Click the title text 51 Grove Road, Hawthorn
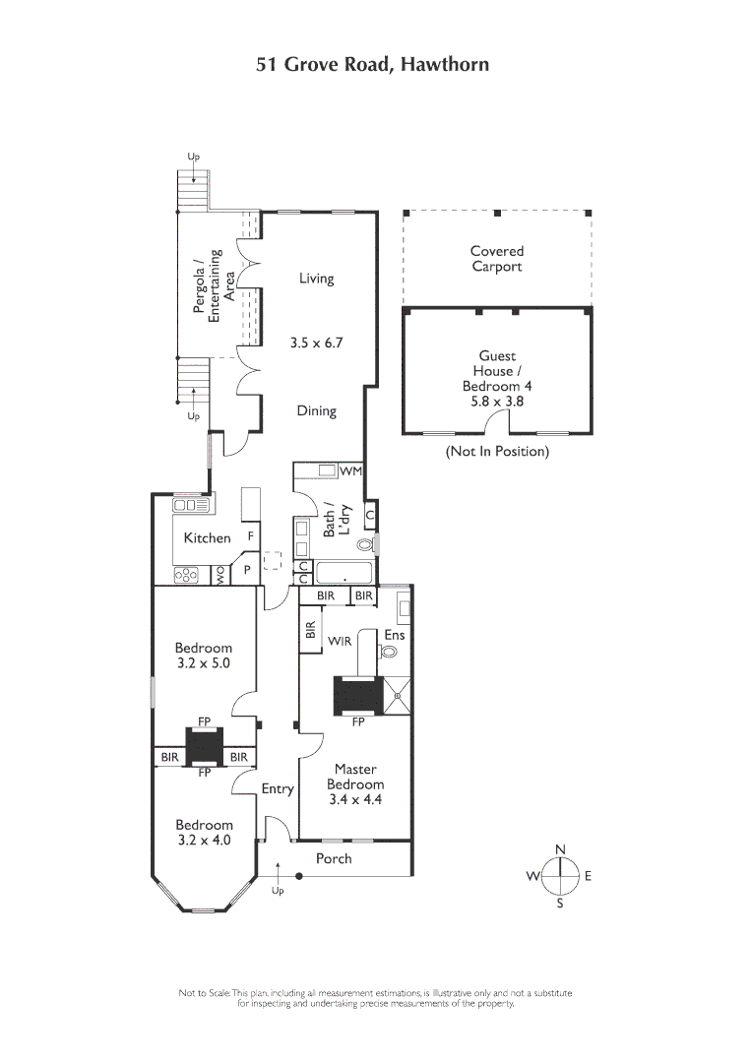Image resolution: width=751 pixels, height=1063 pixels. pos(372,65)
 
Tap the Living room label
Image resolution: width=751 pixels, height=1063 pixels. pos(316,279)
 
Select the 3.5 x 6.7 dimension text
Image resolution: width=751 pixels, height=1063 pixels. pos(315,344)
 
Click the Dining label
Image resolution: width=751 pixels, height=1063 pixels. pos(316,411)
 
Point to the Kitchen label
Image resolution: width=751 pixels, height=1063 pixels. pos(207,538)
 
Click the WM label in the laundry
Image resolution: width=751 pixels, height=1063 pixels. pos(350,471)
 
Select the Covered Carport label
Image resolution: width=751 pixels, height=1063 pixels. pos(496,259)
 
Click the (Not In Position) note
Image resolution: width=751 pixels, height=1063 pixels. pos(497,452)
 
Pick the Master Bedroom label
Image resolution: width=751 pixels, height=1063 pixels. pos(355,777)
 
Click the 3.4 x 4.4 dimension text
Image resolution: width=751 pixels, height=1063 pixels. pos(355,800)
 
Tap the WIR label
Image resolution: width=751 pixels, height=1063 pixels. pos(340,641)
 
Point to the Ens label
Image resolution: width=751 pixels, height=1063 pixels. pos(394,635)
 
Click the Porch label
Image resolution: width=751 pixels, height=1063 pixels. pos(334,858)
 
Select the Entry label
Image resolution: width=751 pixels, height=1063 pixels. pos(278,788)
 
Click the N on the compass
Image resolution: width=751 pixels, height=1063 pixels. pos(560,849)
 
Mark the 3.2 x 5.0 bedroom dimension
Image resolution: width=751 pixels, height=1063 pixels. pos(204,663)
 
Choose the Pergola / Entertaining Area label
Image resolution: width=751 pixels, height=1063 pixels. pos(213,285)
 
